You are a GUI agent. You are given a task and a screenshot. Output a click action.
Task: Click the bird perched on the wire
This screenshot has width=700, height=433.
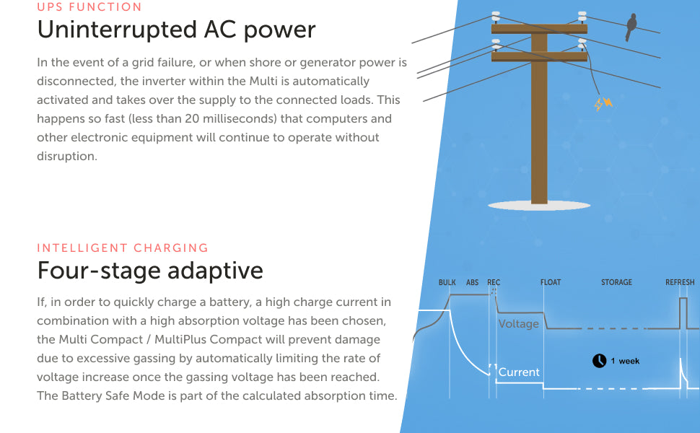coord(632,27)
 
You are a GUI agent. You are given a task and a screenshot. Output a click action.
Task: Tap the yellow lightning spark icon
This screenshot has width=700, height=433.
coord(603,104)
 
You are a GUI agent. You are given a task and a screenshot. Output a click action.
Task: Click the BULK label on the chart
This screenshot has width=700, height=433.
coord(447,283)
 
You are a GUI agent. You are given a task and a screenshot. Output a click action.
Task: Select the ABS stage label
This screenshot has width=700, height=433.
coord(472,283)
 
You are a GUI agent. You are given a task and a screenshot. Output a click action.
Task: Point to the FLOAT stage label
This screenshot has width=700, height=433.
coord(551,283)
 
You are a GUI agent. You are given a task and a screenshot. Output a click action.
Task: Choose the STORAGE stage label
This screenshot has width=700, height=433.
coord(616,283)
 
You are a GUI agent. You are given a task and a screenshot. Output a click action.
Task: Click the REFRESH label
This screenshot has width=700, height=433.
coord(680,283)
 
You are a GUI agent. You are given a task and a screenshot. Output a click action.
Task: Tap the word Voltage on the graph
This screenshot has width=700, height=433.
coord(518,324)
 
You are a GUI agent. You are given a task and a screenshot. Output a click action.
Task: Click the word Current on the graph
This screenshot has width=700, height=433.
coord(519,372)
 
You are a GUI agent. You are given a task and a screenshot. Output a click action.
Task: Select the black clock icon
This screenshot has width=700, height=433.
coord(599,361)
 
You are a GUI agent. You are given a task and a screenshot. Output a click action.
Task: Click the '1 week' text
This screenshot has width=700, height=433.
coord(625,361)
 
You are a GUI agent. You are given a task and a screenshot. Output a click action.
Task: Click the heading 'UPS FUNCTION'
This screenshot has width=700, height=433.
coord(89,7)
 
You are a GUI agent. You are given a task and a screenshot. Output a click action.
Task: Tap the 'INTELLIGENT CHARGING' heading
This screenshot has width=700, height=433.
coord(123,248)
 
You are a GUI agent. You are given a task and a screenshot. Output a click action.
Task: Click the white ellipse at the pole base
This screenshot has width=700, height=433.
coord(539,206)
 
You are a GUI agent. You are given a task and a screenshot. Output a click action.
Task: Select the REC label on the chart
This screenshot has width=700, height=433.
coord(494,283)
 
